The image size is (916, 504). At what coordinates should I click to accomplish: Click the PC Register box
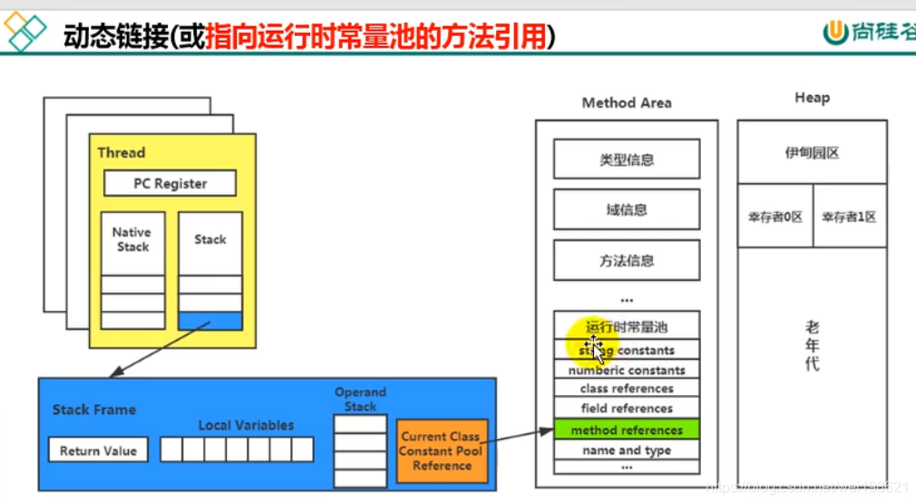(x=170, y=183)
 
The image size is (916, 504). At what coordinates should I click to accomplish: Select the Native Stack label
(x=132, y=239)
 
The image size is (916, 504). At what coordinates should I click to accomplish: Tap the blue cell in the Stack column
(x=210, y=321)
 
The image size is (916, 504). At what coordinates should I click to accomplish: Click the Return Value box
(x=98, y=451)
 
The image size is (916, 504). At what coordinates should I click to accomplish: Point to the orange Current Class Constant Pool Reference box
(x=442, y=451)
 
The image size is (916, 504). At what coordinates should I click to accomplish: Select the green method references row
(x=627, y=430)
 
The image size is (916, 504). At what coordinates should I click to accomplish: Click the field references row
(x=627, y=409)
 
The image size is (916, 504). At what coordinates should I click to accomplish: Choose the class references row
(x=627, y=389)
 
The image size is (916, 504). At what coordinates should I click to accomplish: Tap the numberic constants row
(x=627, y=370)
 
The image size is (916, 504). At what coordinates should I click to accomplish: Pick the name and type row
(x=627, y=450)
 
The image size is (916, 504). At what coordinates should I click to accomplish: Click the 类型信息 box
(x=627, y=160)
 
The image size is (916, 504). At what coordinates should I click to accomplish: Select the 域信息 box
(x=627, y=209)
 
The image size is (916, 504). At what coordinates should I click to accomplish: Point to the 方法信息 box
(x=627, y=260)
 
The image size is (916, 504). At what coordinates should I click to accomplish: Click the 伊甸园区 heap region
(x=812, y=153)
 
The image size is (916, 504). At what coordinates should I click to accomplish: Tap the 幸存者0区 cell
(x=775, y=217)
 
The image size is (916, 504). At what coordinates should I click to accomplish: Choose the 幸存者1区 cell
(x=849, y=217)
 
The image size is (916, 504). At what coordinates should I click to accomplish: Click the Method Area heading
(x=627, y=103)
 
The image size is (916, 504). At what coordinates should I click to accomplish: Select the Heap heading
(x=812, y=98)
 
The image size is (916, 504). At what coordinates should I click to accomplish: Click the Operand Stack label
(x=360, y=400)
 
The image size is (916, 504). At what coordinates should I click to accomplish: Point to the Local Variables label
(x=246, y=425)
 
